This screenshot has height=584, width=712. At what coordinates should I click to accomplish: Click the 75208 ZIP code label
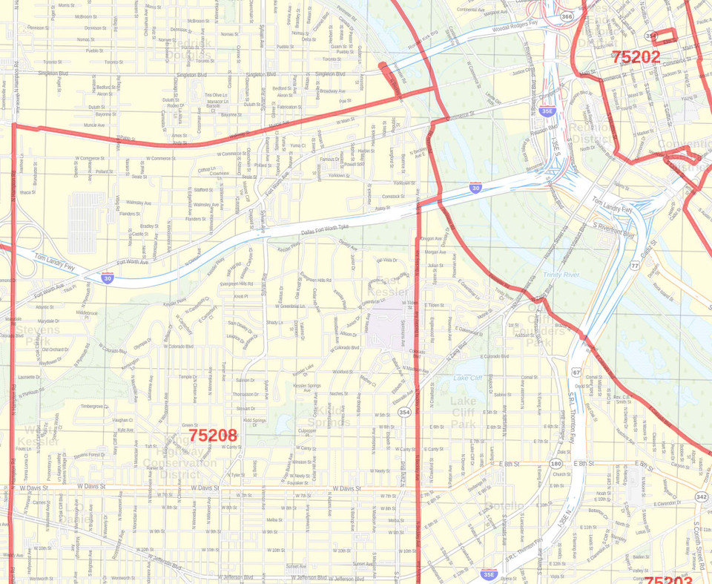[212, 436]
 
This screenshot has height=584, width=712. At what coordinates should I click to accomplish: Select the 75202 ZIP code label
[636, 56]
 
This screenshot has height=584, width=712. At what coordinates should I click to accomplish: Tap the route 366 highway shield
[567, 16]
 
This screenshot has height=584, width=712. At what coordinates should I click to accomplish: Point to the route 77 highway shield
[635, 265]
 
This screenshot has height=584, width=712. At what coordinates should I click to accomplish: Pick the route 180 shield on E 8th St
[556, 464]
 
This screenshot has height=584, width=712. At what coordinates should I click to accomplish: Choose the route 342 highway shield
[702, 496]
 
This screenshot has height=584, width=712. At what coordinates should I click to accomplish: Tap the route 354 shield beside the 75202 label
[651, 36]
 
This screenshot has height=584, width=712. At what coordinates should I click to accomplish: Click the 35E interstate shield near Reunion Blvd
[547, 112]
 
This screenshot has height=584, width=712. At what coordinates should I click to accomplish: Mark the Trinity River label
[561, 275]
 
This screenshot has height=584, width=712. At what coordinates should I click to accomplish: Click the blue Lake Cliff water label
[468, 378]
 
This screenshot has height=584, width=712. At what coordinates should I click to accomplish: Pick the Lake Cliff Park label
[464, 413]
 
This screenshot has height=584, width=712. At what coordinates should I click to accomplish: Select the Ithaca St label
[27, 192]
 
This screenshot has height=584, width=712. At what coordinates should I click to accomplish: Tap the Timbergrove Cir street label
[96, 406]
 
